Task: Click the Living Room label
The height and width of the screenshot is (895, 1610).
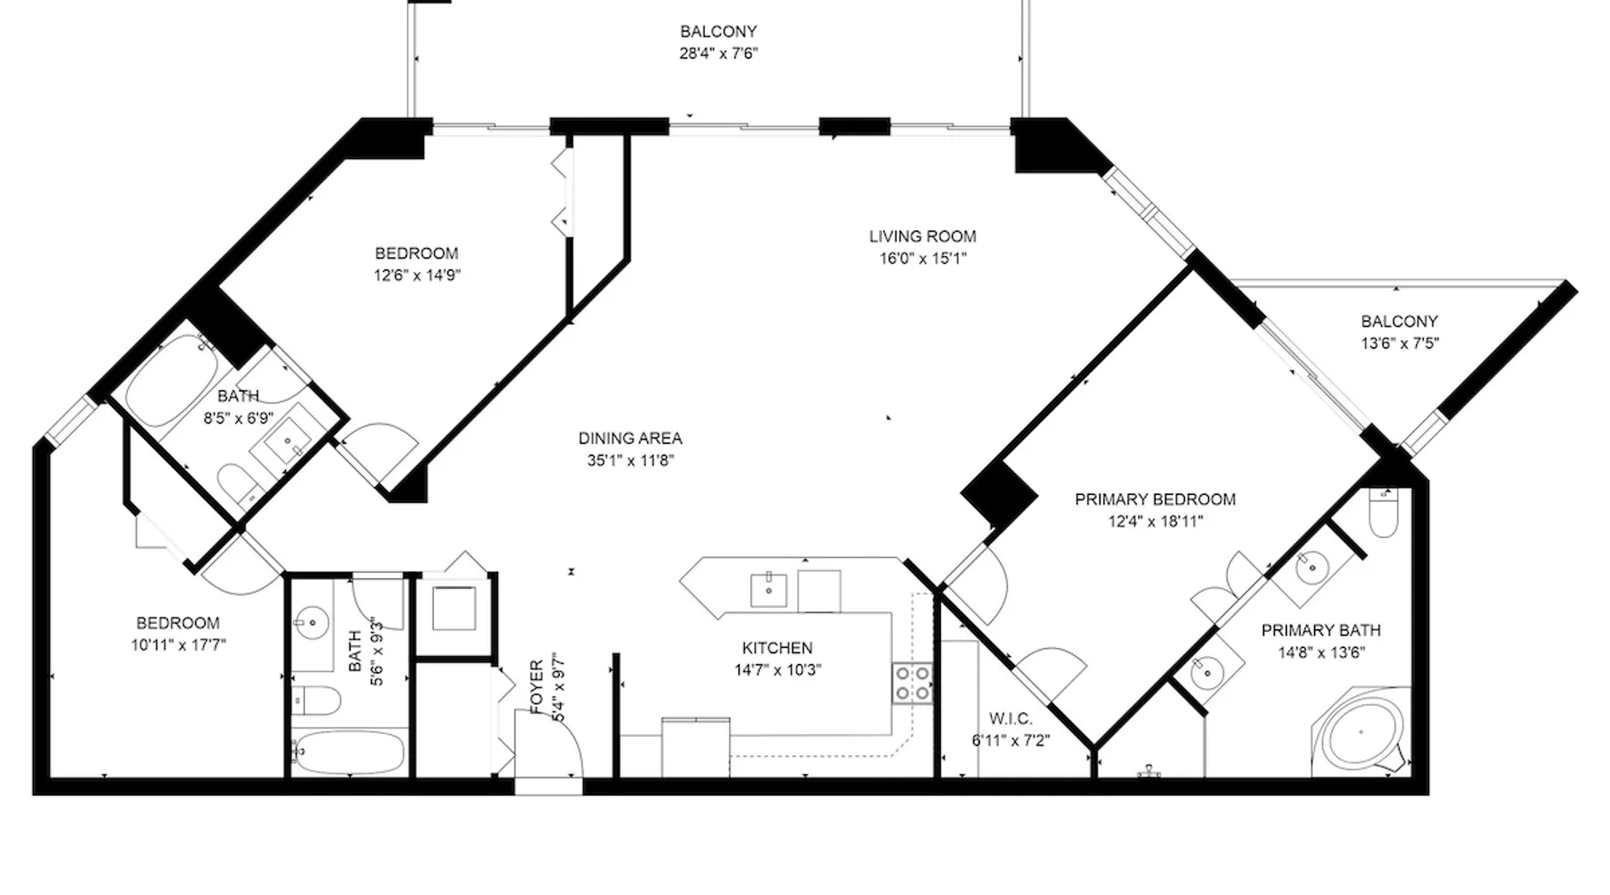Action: pyautogui.click(x=922, y=236)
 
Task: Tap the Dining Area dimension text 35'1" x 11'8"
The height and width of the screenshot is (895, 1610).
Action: pyautogui.click(x=630, y=461)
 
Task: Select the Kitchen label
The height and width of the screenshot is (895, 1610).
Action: pyautogui.click(x=777, y=648)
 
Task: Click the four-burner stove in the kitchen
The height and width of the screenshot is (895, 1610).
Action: pyautogui.click(x=912, y=683)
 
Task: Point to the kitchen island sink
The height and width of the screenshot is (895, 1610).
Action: pyautogui.click(x=768, y=590)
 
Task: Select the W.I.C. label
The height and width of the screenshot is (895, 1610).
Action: pyautogui.click(x=1011, y=719)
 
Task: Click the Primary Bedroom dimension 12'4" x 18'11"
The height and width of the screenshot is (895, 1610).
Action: pyautogui.click(x=1156, y=521)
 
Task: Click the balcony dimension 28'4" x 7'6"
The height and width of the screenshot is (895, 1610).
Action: pyautogui.click(x=718, y=53)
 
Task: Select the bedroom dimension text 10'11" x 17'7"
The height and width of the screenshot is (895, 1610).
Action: pyautogui.click(x=178, y=644)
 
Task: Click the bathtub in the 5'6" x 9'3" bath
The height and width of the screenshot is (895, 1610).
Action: pyautogui.click(x=349, y=751)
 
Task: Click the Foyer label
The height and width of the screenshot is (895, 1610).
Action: pyautogui.click(x=537, y=687)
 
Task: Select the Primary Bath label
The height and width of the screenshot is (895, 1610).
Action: pyautogui.click(x=1321, y=630)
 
